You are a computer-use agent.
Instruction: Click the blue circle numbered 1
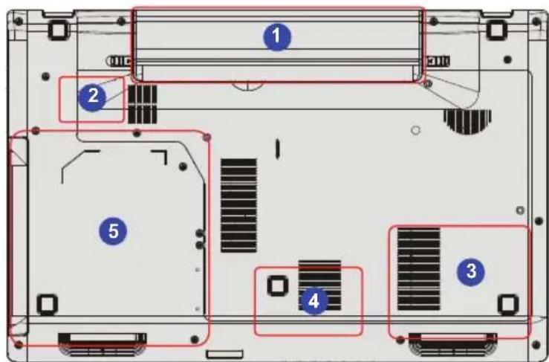pos(277,35)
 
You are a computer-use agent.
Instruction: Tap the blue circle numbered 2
pos(92,96)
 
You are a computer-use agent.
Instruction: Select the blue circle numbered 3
pos(470,271)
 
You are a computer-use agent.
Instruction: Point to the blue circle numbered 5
pos(113,231)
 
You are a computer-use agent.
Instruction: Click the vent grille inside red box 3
pos(418,270)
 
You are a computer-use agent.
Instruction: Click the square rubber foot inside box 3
pos(507,303)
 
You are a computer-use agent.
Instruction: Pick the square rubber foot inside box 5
pos(47,303)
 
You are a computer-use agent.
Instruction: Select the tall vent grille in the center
pos(238,204)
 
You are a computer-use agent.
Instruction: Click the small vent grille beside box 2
pos(143,103)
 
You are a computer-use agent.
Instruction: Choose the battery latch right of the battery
pos(438,60)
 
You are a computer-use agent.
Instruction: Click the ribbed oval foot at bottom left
pos(102,343)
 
